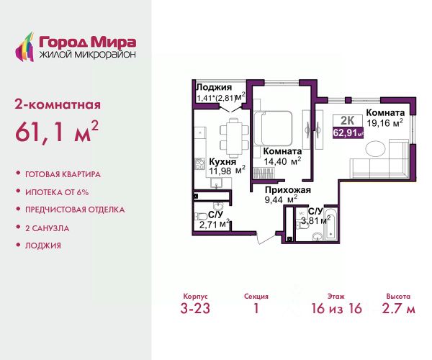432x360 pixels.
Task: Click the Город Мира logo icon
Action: coord(24,47)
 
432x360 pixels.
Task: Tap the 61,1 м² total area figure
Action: coord(57,132)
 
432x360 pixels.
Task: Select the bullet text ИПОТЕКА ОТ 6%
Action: coord(57,192)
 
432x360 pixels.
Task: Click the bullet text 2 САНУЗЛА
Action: coord(47,228)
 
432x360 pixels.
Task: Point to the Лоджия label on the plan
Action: coord(214,88)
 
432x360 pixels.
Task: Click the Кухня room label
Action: coord(222,162)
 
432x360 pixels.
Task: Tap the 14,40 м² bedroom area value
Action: coord(282,161)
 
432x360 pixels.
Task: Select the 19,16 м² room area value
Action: coord(385,123)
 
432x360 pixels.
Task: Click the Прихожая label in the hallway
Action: coord(287,190)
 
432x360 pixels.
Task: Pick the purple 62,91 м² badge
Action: coord(348,133)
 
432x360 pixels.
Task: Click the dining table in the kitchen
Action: coord(234,138)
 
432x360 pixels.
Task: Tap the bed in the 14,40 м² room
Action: coord(273,128)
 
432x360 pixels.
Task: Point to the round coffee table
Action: coord(375,149)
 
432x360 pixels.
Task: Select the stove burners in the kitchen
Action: coord(199,164)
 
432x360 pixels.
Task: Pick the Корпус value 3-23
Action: coord(195,308)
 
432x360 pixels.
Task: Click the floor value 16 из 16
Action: coord(336,308)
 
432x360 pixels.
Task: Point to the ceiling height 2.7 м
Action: coord(398,308)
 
